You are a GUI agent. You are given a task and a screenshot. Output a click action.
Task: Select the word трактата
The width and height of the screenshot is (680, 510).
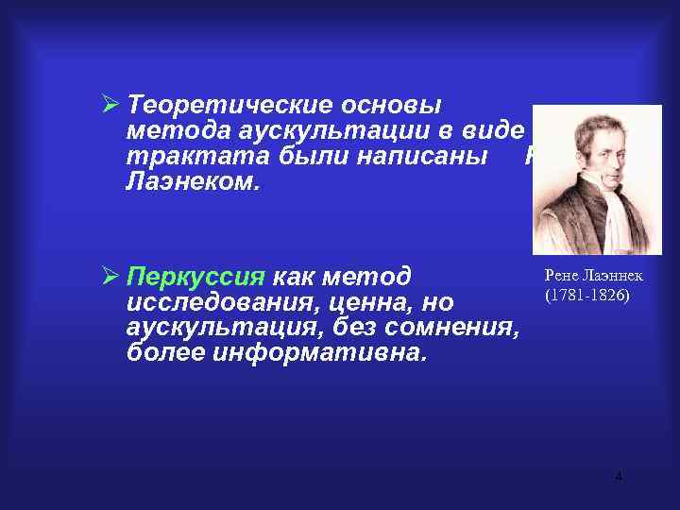click(183, 155)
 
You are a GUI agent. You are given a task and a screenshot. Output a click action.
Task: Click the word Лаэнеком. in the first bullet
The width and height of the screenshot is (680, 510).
click(190, 180)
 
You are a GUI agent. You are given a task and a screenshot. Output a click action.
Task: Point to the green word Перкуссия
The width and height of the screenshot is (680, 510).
click(197, 279)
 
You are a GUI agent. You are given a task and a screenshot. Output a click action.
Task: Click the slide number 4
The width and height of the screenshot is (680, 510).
click(618, 477)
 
